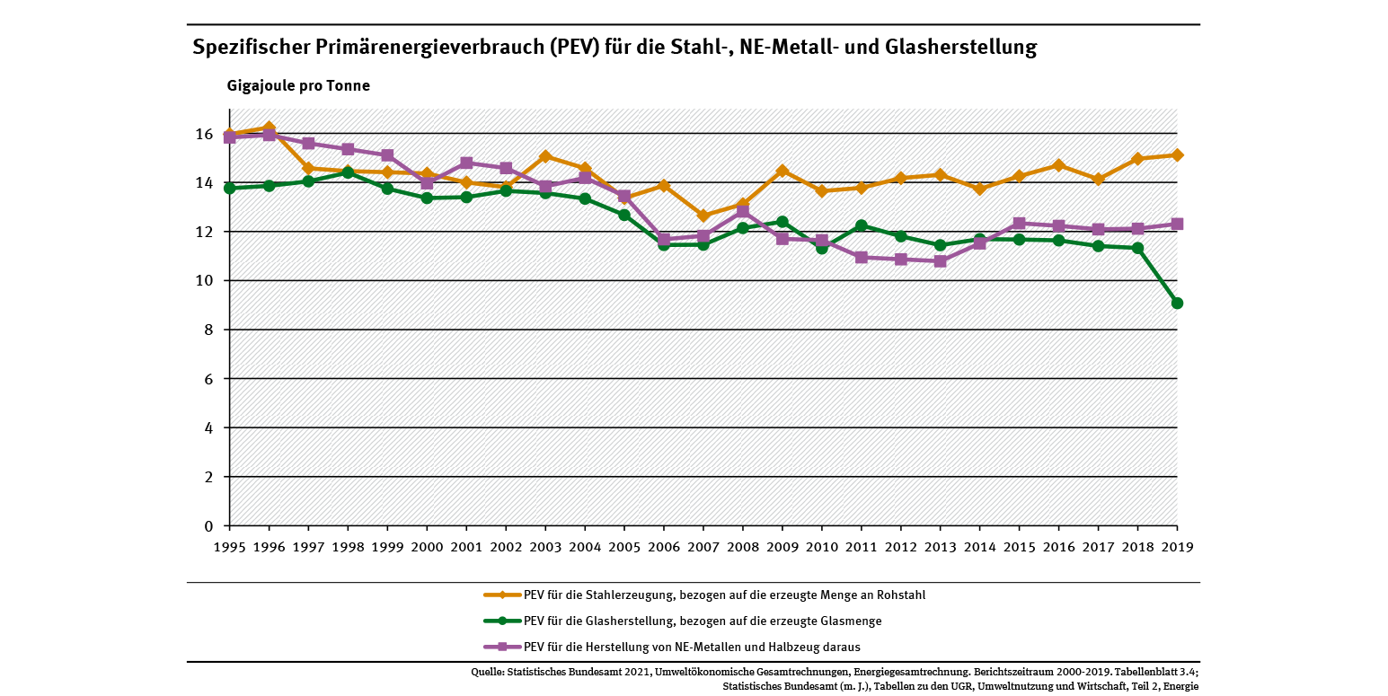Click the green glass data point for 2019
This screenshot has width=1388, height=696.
1177,304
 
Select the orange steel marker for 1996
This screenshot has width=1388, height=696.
269,128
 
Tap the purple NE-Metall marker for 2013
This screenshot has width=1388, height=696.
940,261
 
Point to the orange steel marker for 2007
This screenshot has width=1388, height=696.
703,216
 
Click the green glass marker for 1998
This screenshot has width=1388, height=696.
348,172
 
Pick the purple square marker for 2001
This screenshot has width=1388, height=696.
466,163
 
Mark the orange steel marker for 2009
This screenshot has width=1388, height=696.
782,171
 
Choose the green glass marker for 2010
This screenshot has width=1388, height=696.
822,248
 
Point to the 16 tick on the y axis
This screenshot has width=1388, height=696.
204,135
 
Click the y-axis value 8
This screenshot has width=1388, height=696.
208,330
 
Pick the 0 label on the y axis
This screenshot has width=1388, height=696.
208,526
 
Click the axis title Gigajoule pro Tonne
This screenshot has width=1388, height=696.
298,86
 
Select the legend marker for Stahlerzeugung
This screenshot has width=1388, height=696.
503,595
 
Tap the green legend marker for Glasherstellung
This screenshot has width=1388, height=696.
503,621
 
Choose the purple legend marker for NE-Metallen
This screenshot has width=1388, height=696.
503,647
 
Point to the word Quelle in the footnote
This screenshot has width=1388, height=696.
486,672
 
